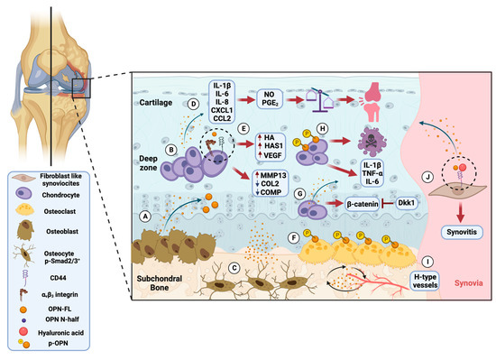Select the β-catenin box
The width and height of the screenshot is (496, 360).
point(318,195)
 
